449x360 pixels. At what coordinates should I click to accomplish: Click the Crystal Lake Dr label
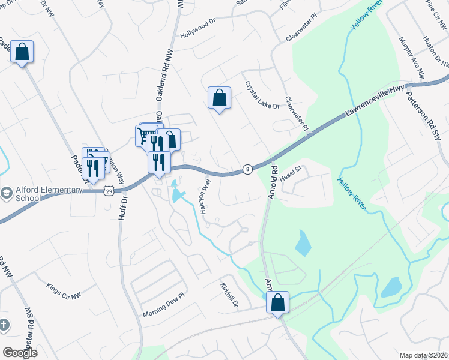point(262,95)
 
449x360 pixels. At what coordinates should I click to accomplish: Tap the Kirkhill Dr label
point(229,295)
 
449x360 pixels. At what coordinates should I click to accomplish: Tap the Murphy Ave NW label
point(412,58)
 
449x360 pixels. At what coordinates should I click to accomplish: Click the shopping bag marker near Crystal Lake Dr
point(219,98)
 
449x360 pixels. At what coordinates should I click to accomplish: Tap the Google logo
point(20,353)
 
